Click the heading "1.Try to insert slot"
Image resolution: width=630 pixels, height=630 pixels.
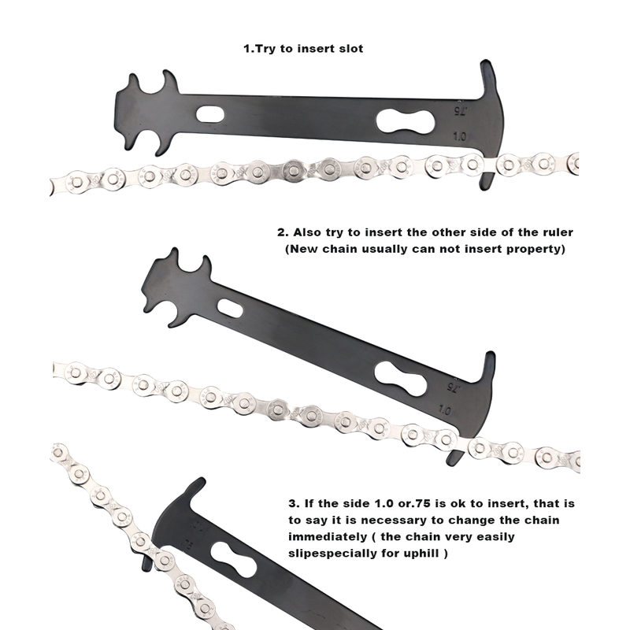303,49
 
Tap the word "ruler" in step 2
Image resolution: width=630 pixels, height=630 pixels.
557,232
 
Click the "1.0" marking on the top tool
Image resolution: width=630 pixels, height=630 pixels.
460,136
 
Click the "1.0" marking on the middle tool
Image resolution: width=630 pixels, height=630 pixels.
444,410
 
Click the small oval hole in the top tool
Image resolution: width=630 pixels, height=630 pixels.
210,114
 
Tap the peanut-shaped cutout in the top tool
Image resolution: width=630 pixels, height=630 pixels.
406,121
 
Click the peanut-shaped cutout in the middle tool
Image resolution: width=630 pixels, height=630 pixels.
401,379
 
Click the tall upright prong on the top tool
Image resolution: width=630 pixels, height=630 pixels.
489,80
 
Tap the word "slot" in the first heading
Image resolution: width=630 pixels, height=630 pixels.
350,49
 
